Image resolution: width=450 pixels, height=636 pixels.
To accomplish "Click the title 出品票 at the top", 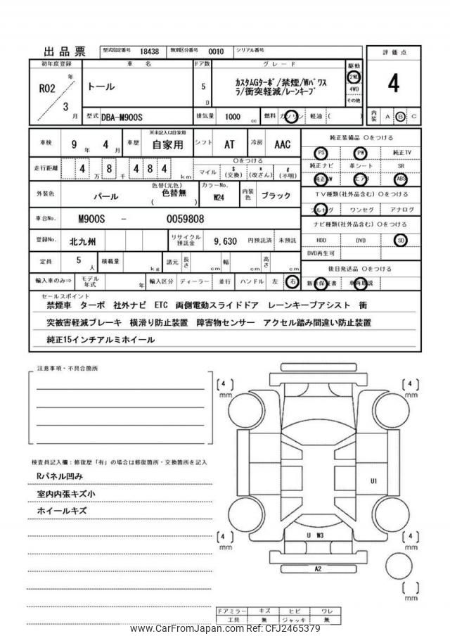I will point(65,51).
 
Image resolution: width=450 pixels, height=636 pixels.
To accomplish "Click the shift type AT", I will point(229,144).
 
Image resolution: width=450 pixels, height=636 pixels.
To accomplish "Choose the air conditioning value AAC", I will point(282,144).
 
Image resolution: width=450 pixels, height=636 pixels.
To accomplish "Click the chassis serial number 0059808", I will point(185,218).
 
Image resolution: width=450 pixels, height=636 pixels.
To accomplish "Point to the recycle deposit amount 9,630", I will point(225,241).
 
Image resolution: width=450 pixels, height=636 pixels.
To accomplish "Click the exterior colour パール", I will point(105,196).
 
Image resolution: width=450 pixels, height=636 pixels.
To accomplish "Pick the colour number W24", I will point(219,196).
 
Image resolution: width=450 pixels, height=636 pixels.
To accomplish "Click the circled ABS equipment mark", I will point(401,179).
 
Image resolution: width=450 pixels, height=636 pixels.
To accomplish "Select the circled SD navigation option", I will point(401,240).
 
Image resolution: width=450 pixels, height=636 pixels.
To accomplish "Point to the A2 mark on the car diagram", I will point(318,568).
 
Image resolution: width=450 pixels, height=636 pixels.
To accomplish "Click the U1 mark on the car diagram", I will point(374,481).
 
